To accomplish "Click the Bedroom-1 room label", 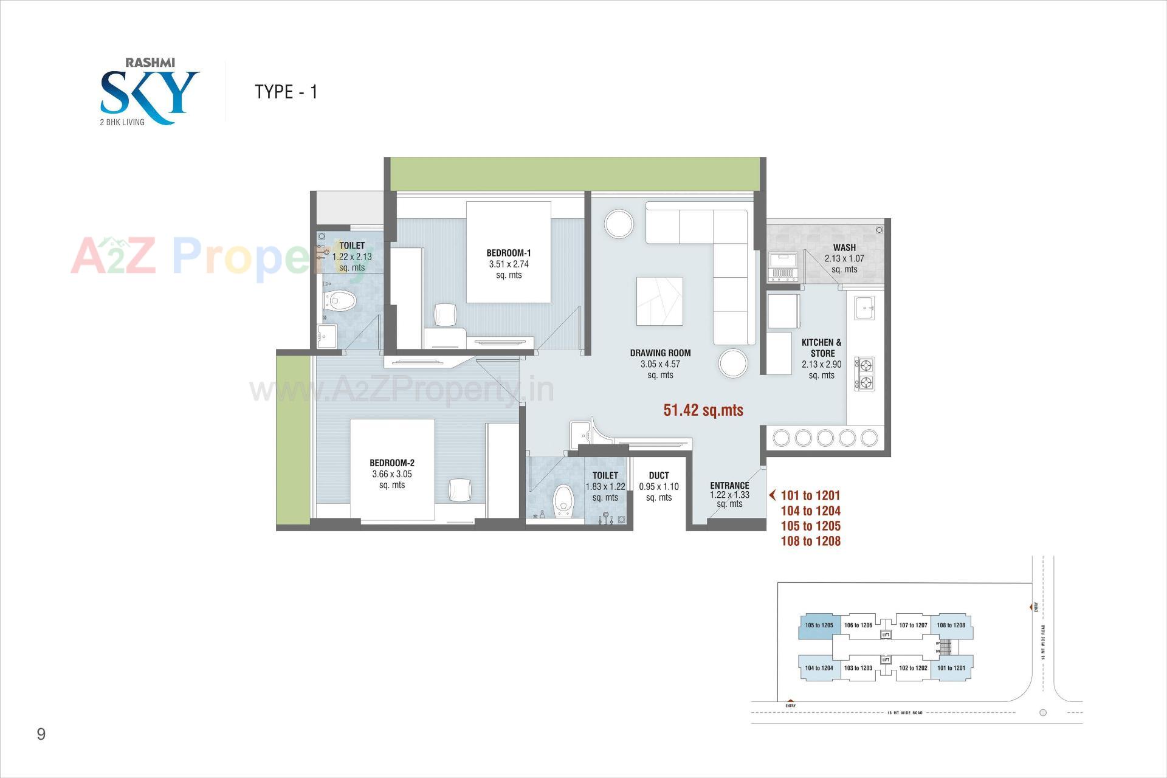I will coord(508,253).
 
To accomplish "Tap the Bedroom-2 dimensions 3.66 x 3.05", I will coord(392,474).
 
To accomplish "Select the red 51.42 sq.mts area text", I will coord(703,410).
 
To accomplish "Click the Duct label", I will coord(659,475).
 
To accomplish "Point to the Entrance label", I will coord(729,485).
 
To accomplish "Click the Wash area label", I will coord(844,247).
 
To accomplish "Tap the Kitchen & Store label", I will coord(822,348).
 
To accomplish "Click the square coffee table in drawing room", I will coord(659,301).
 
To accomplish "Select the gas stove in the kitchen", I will coord(865,373).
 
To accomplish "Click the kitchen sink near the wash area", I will coord(864,308).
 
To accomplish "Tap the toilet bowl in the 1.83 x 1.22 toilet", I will coord(564,500).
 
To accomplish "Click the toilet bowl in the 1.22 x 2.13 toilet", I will coord(340,300).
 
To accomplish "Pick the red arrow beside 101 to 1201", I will coord(773,495).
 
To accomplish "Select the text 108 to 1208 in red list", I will coord(810,541).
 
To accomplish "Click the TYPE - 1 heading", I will coord(286,92).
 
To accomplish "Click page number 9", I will coord(41,734).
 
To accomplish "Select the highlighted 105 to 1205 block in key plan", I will coord(819,625).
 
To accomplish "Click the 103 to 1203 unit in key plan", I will coord(858,668).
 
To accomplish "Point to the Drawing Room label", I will coord(660,353).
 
